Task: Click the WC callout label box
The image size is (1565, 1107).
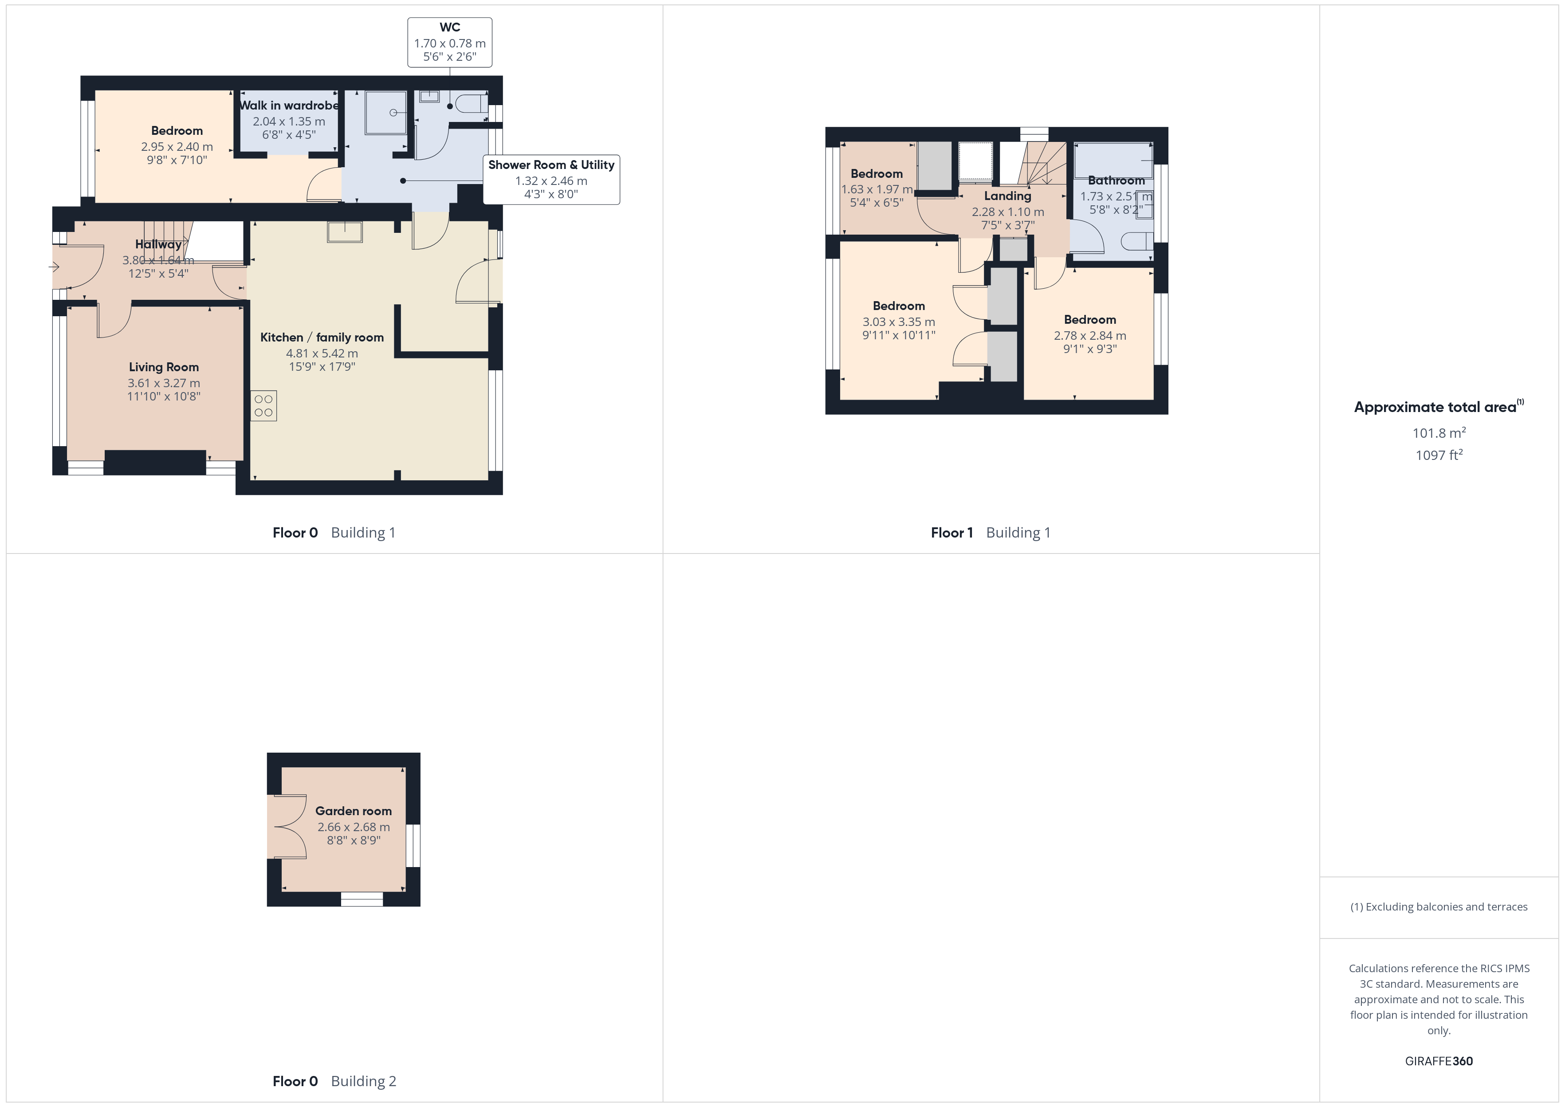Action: (450, 42)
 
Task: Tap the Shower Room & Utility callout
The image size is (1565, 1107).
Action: (551, 179)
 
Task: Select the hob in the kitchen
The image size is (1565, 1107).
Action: (264, 405)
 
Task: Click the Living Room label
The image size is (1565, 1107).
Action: (164, 367)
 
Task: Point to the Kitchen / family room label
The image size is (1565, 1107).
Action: (322, 338)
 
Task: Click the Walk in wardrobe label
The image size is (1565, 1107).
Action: (289, 106)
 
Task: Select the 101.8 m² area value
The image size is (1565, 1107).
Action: (1439, 433)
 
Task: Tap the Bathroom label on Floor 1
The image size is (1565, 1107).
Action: (1116, 181)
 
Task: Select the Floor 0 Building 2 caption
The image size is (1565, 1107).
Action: (334, 1082)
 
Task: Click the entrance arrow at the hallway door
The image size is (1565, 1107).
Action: (55, 267)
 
